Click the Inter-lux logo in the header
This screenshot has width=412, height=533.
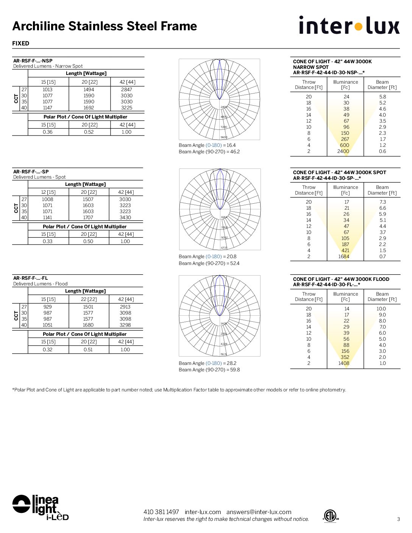349,25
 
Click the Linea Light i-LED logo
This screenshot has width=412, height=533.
41,507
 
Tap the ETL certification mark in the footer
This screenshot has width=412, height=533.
330,516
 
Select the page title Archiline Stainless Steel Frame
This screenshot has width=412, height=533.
105,26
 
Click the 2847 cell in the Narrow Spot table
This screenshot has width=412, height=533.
126,90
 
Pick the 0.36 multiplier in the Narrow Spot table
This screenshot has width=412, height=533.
48,132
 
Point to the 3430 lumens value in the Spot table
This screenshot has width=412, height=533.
125,218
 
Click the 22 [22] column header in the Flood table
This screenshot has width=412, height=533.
89,299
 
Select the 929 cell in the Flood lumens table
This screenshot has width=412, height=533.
48,307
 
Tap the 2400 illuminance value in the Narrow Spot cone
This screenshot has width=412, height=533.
343,151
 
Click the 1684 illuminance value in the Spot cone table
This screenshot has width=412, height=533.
344,257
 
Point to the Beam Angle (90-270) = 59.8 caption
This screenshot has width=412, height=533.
209,370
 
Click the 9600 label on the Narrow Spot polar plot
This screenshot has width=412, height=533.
224,137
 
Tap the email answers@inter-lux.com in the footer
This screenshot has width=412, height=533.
259,512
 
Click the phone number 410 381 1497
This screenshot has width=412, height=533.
161,512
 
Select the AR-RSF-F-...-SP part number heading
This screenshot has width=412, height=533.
31,171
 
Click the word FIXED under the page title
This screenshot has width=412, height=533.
21,44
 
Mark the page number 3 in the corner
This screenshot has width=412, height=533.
398,519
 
